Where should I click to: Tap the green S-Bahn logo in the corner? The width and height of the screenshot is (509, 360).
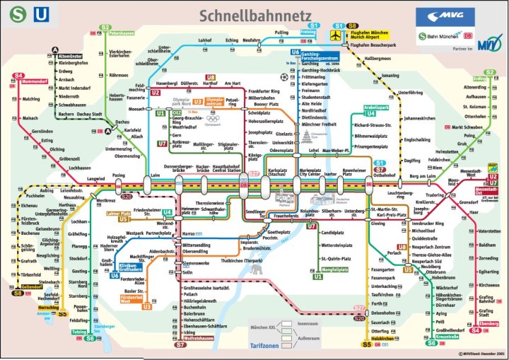(x=14, y=13)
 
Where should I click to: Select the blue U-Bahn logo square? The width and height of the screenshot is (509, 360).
(x=42, y=13)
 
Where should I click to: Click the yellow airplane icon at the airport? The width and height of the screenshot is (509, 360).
(x=335, y=34)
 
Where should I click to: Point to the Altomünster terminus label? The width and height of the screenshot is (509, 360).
(x=72, y=55)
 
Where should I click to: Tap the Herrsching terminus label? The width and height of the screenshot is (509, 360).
(x=28, y=308)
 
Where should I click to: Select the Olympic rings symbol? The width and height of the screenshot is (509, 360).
(x=212, y=118)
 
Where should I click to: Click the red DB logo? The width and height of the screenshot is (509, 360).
(x=467, y=35)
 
